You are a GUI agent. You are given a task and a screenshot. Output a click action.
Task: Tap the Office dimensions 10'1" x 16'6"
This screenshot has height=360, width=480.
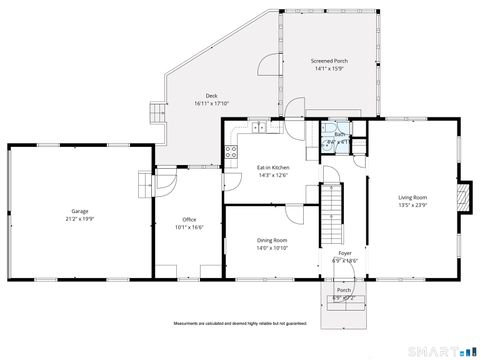[189, 227]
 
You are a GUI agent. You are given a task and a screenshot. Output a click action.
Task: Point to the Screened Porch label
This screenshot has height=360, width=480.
[329, 60]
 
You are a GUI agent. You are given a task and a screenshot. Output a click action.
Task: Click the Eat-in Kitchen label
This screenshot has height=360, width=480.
[273, 168]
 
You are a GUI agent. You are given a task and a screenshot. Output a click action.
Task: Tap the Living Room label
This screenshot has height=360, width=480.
[412, 197]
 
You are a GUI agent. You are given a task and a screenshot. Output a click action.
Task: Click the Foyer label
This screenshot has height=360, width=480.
[344, 254]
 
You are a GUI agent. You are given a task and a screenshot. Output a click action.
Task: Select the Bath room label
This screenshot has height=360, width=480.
[339, 134]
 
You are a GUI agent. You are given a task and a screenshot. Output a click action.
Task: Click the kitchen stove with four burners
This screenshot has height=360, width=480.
[231, 153]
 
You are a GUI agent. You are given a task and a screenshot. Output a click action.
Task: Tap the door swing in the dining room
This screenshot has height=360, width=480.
[293, 214]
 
